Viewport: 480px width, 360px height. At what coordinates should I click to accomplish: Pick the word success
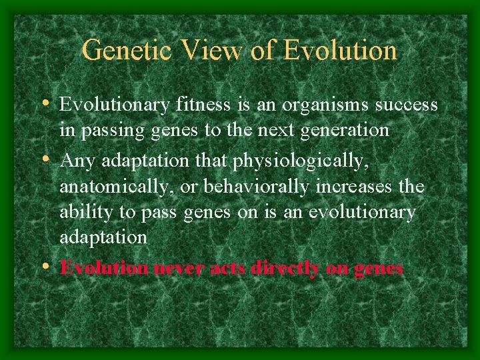pyautogui.click(x=407, y=105)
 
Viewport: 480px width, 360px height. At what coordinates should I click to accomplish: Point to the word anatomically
pyautogui.click(x=116, y=187)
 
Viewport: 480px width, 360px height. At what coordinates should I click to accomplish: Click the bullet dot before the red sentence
pyautogui.click(x=49, y=267)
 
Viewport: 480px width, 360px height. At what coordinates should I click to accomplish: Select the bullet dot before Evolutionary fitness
pyautogui.click(x=49, y=104)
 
